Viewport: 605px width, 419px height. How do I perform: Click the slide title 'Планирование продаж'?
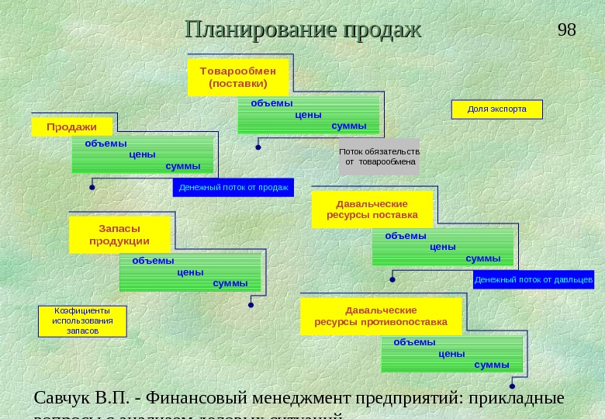pos(302,30)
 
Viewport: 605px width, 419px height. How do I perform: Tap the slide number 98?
pos(567,29)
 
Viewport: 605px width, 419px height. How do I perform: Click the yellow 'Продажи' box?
pos(71,126)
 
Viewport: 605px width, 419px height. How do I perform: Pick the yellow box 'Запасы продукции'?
pos(119,234)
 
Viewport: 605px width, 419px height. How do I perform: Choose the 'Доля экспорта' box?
pos(496,109)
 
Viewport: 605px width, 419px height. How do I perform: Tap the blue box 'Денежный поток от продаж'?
pos(233,187)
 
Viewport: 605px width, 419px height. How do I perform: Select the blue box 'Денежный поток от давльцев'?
pos(533,279)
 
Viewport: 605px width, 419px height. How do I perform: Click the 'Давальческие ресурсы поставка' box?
pos(372,209)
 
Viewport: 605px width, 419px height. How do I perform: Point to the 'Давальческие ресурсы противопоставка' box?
pos(380,316)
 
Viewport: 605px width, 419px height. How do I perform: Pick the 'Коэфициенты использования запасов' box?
pos(82,320)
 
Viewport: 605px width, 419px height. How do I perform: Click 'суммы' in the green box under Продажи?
pos(183,166)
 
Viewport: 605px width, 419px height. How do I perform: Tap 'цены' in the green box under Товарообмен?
pos(309,114)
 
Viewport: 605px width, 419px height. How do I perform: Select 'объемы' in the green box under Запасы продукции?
pos(153,261)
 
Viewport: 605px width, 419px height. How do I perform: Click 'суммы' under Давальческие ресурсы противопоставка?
pos(492,364)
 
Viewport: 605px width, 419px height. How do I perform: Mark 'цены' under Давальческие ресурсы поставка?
pos(442,247)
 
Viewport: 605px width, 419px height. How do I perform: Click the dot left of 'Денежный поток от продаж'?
pos(92,187)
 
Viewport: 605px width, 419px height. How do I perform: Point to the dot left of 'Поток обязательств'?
pos(258,145)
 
